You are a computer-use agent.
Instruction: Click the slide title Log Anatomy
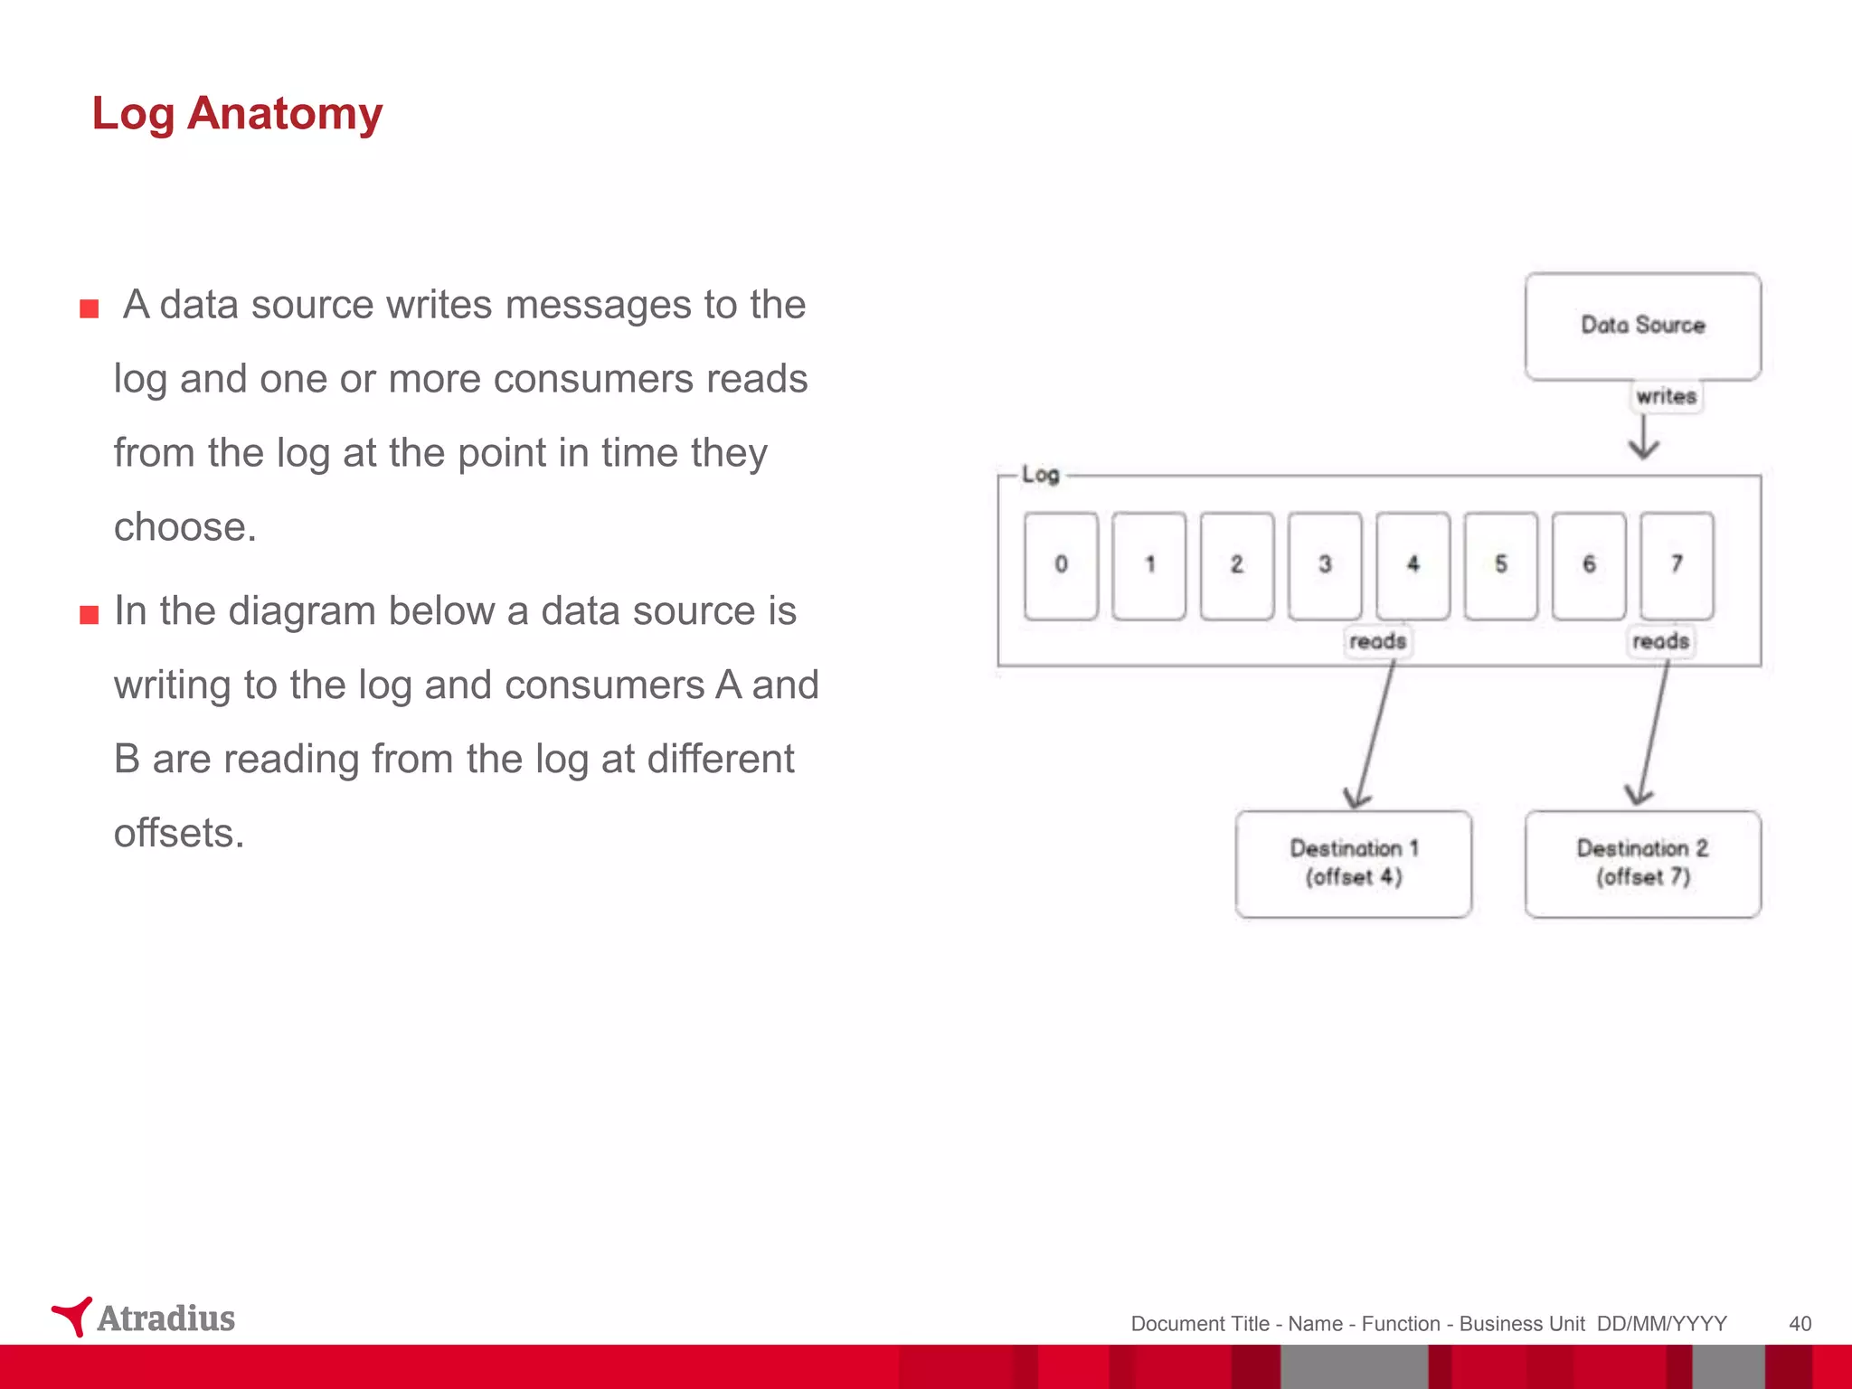pos(237,114)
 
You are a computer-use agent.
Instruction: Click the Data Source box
pos(1642,326)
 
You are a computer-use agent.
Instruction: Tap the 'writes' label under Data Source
pos(1666,396)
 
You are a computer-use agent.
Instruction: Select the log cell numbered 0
pos(1061,565)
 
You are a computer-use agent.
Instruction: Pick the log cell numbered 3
pos(1325,565)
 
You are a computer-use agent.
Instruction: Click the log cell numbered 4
pos(1413,565)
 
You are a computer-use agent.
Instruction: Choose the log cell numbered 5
pos(1500,565)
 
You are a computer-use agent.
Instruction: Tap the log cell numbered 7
pos(1677,565)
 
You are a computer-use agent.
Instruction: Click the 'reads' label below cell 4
pos(1377,641)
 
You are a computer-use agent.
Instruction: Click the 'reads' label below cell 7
pos(1660,641)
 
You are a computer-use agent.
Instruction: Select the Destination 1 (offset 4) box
pos(1353,864)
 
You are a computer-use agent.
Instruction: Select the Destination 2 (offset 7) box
pos(1642,864)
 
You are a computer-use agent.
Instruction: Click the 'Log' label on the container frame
pos(1040,475)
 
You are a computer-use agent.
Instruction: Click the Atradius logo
pos(145,1318)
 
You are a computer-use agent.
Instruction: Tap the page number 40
pos(1800,1324)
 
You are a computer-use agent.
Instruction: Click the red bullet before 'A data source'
pos(89,309)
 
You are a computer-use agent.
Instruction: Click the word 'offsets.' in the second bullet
pos(179,833)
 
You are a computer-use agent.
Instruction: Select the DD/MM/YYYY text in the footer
pos(1661,1324)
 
